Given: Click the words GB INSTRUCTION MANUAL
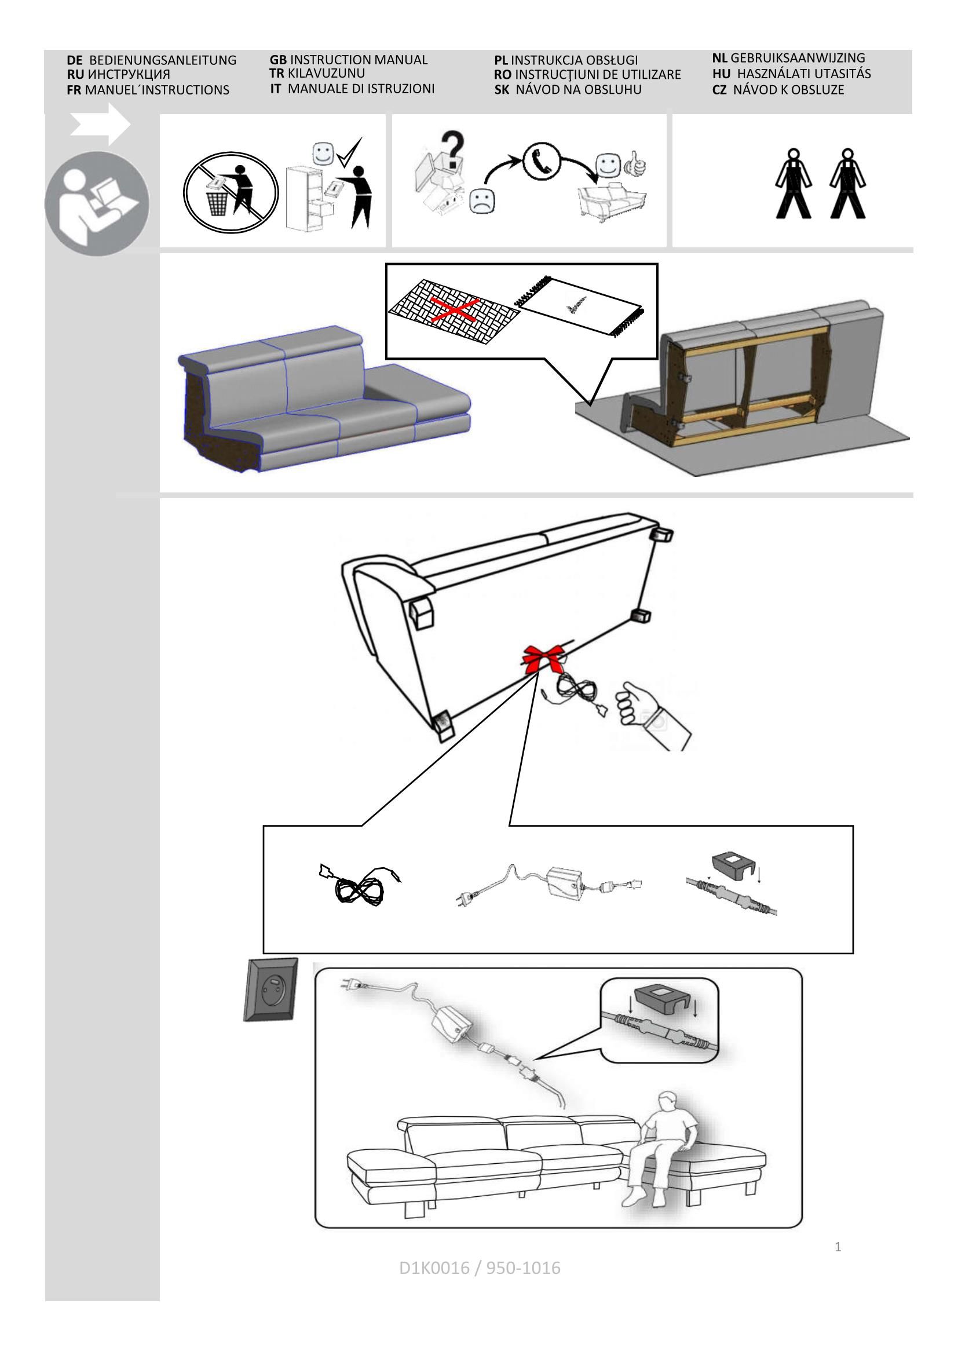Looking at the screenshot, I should [x=348, y=60].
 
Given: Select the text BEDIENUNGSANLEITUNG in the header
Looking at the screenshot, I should [x=162, y=60].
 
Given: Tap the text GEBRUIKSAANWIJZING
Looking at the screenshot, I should [x=797, y=58].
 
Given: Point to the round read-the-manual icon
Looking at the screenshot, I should [x=97, y=203].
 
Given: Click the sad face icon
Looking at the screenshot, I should [x=482, y=200].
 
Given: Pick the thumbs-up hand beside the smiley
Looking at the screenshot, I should [x=637, y=165].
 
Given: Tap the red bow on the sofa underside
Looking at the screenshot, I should [x=542, y=659].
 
